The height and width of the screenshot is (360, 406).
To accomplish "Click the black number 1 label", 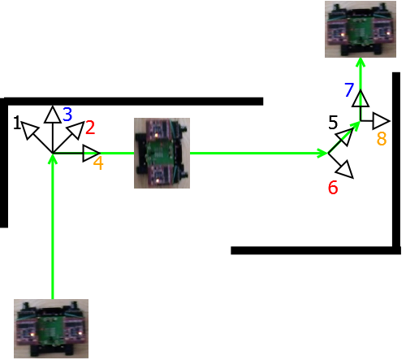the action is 17,123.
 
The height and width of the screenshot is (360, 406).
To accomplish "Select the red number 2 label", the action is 90,128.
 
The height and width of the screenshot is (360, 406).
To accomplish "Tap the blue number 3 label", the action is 67,114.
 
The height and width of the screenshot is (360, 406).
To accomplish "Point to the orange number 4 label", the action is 98,163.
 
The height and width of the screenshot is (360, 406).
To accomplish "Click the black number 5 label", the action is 333,123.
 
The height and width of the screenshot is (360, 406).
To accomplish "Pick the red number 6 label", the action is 333,188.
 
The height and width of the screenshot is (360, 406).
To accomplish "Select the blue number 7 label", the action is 349,89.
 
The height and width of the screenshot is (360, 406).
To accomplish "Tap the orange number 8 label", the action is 382,138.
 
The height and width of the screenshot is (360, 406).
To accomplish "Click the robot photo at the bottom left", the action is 51,328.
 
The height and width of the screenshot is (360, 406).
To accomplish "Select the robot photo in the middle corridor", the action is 162,153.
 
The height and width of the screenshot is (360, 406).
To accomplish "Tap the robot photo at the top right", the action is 361,29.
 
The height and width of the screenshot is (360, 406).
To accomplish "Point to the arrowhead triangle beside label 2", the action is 76,129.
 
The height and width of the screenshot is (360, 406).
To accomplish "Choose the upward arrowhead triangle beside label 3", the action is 52,115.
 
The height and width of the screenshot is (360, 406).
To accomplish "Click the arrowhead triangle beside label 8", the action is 381,121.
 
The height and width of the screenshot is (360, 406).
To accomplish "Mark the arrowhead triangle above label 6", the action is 345,137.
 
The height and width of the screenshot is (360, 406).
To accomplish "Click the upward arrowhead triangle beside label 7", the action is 361,99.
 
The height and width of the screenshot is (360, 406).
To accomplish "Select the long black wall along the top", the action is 133,102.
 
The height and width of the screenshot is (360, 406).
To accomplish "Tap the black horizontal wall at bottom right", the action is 316,250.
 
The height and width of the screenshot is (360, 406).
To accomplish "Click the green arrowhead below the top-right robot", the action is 361,62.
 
